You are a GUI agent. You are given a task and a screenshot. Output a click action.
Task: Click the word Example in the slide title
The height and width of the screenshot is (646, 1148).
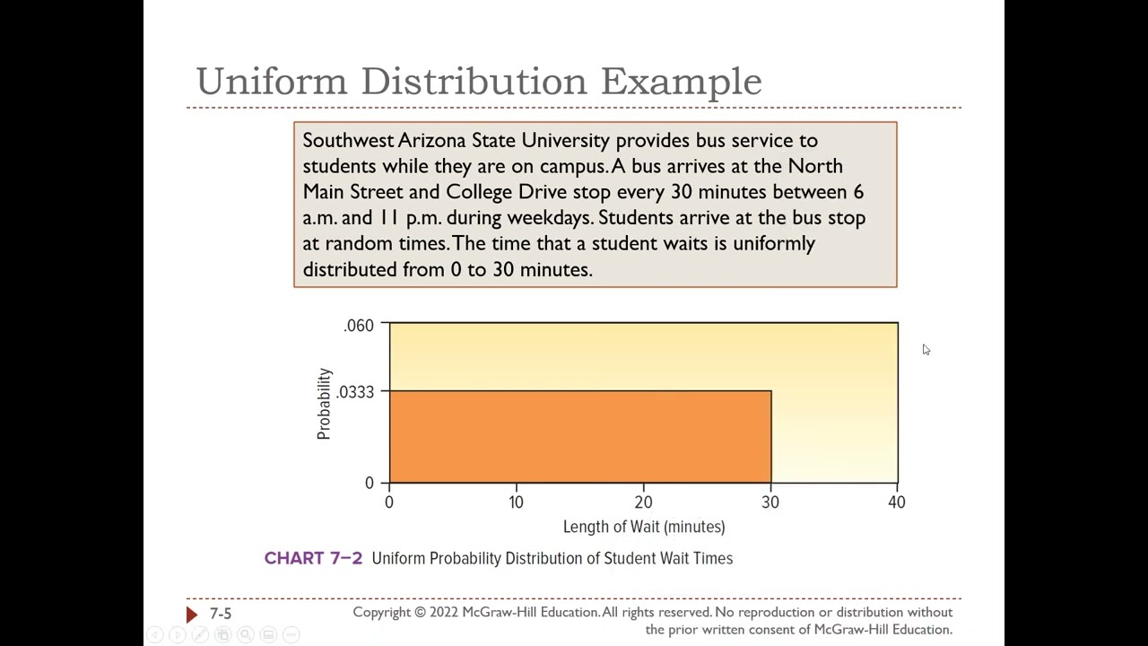tap(681, 82)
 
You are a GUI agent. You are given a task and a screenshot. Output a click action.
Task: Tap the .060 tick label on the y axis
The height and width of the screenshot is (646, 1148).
tap(359, 326)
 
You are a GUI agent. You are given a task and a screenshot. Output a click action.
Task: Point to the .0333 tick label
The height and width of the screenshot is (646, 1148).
tap(355, 392)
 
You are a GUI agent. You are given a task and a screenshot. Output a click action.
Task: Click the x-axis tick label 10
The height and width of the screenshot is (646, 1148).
tap(516, 502)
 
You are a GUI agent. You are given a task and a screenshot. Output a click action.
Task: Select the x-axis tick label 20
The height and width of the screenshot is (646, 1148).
tap(643, 502)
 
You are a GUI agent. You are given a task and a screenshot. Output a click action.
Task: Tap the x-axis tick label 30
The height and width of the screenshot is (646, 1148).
tap(770, 502)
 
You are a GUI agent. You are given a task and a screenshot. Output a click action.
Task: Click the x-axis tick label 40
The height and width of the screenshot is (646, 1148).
tap(897, 502)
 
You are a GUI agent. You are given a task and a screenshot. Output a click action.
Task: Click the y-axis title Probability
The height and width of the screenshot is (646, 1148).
tap(324, 404)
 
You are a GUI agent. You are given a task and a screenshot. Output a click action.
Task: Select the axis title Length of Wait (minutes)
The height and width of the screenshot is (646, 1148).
tap(644, 527)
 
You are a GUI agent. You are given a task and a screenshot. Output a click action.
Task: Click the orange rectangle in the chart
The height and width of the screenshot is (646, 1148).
tap(580, 437)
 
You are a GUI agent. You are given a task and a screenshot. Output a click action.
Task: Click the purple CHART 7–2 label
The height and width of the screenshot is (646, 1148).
tap(313, 558)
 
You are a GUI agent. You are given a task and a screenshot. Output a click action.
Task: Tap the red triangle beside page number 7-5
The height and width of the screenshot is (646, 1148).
tap(191, 614)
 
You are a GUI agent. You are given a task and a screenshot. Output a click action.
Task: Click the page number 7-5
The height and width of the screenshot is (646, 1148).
tap(221, 614)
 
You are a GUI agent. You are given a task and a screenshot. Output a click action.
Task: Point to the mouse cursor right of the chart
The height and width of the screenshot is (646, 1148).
tap(926, 350)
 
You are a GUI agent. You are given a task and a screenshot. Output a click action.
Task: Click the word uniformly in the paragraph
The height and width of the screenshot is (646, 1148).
tap(774, 244)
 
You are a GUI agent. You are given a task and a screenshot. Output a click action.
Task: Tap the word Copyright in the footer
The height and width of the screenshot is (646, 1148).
tap(388, 612)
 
